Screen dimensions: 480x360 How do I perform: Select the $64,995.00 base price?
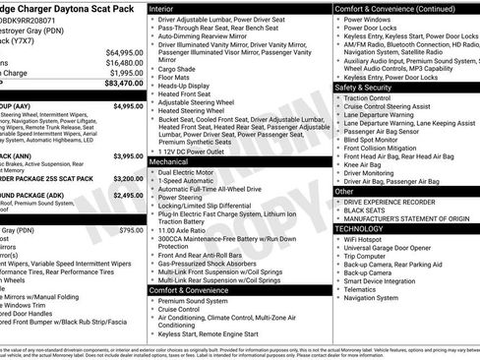(x=125, y=52)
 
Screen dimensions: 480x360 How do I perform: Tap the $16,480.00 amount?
(x=125, y=62)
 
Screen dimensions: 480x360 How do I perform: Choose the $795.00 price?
(x=131, y=229)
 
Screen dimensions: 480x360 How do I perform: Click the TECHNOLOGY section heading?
(x=367, y=228)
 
